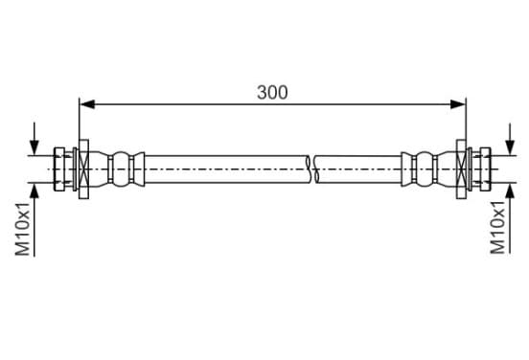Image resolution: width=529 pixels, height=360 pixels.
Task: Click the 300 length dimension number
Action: [272, 92]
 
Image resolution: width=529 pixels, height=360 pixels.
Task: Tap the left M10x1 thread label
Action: [23, 229]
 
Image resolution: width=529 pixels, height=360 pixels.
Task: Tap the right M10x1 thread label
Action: [497, 227]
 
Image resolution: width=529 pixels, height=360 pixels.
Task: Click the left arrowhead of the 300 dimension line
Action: [87, 104]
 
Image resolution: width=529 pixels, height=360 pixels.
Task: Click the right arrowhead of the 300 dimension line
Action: [458, 104]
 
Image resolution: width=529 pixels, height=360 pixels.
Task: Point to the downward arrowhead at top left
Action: [34, 147]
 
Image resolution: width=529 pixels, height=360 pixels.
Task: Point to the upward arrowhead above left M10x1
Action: [34, 191]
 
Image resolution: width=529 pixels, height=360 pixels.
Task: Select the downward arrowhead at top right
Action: [510, 147]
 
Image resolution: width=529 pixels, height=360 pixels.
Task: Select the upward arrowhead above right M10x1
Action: [510, 191]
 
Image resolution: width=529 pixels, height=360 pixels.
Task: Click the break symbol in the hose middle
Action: [312, 169]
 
